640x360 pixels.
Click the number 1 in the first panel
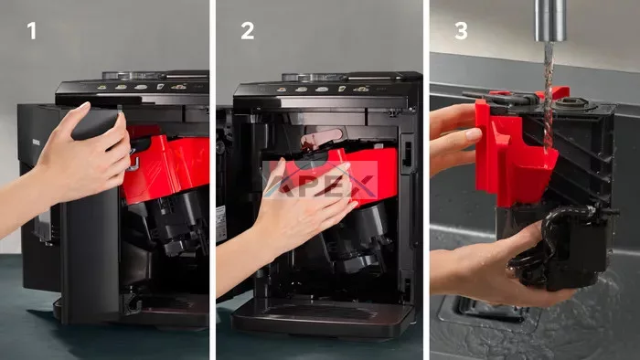(31, 30)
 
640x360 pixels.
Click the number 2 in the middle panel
(248, 30)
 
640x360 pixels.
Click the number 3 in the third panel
(461, 30)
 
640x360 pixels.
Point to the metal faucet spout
(550, 20)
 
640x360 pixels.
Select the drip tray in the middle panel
(323, 319)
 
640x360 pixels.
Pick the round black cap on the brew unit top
(571, 102)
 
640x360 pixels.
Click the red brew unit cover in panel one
(167, 167)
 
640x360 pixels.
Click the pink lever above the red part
(321, 138)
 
